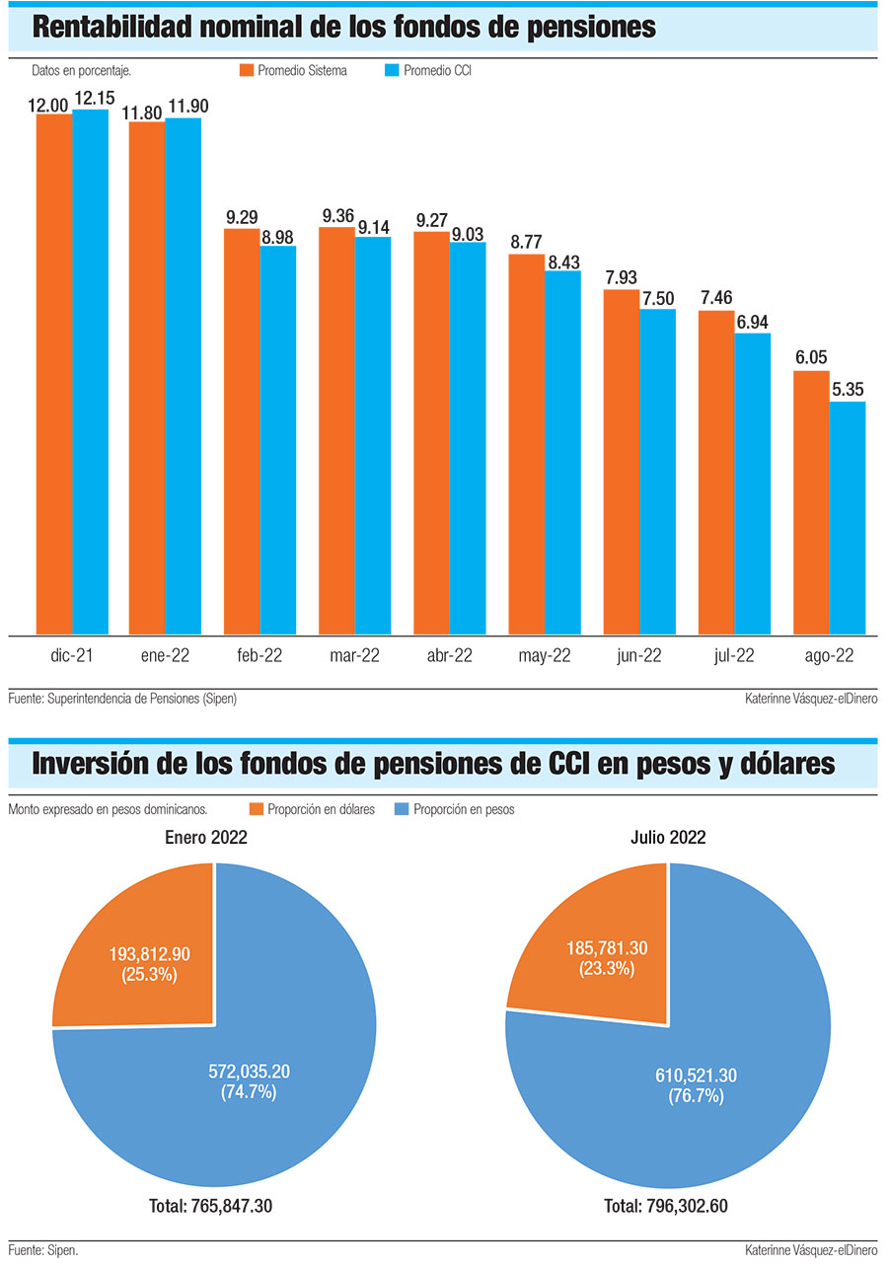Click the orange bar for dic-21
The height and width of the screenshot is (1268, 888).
(54, 375)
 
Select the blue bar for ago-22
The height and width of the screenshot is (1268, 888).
(848, 518)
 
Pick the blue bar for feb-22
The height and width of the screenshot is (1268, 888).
(278, 440)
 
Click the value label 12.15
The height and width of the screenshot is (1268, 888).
(91, 99)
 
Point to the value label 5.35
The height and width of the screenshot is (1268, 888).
(848, 391)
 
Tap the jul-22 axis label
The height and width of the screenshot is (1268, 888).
(733, 656)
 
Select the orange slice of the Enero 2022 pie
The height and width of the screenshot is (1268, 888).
(148, 947)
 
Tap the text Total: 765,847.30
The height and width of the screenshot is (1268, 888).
(211, 1206)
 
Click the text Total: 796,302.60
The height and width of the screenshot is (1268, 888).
(667, 1206)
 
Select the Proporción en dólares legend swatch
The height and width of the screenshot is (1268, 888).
(257, 810)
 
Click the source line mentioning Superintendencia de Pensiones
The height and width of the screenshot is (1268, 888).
(122, 699)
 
